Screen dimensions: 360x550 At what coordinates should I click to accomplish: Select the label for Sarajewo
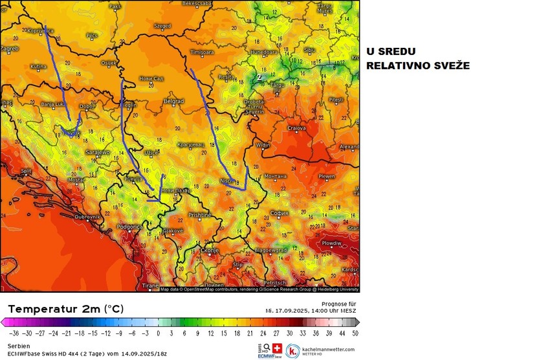pos(98,152)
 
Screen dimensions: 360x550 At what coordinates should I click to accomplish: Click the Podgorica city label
pos(130,227)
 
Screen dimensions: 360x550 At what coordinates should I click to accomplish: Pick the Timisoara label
pos(202,52)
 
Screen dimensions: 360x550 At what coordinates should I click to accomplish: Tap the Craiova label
pos(296,128)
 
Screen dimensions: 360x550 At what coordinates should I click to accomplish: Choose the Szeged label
pos(162,27)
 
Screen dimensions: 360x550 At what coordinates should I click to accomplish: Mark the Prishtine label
pos(200,214)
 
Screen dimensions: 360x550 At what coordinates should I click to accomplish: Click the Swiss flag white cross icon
pos(278,348)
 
